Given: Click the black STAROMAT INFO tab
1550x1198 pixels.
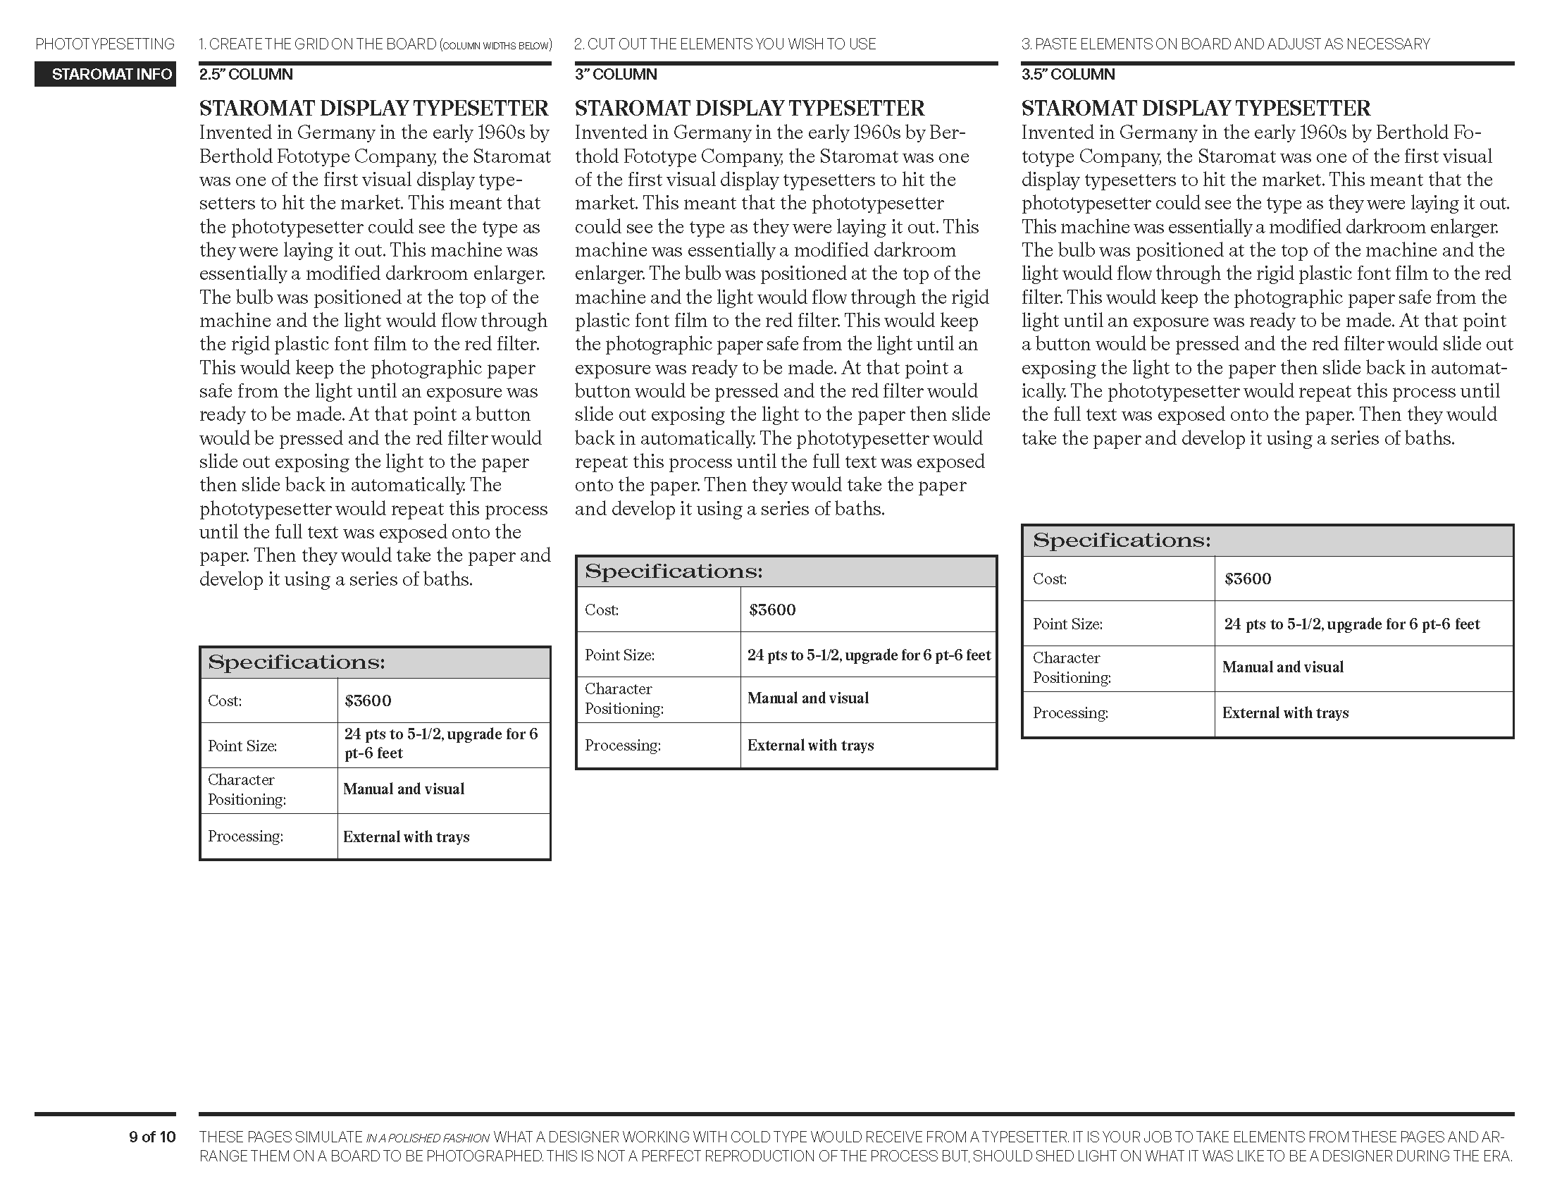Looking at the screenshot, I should click(x=105, y=75).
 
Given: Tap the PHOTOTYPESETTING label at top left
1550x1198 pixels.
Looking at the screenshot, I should click(x=105, y=44).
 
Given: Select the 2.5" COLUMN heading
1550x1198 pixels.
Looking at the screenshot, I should click(x=246, y=75).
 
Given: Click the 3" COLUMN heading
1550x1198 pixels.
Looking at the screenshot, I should click(x=615, y=75).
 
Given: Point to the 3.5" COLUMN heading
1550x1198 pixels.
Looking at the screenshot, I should click(x=1067, y=75).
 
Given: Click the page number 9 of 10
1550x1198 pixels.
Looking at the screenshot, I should click(x=152, y=1137).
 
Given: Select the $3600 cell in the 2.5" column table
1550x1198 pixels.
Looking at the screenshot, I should click(x=368, y=701).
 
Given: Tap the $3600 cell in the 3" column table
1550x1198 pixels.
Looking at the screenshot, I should click(x=772, y=610).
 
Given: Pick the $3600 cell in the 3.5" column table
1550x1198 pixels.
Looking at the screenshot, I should click(x=1247, y=579).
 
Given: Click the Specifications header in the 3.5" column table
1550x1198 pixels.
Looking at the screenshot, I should click(x=1122, y=541).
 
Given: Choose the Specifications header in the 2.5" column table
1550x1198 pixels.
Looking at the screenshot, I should click(x=296, y=663).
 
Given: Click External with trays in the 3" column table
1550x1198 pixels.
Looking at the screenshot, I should click(x=810, y=746).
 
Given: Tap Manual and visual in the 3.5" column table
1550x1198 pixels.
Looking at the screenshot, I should click(x=1282, y=667).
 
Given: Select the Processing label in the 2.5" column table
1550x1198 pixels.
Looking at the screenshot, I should click(x=245, y=836).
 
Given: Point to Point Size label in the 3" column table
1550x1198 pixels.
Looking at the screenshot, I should click(x=619, y=655).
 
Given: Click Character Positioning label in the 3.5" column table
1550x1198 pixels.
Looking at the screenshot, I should click(x=1071, y=668).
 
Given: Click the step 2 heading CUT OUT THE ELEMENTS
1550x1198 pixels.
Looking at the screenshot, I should click(x=724, y=44).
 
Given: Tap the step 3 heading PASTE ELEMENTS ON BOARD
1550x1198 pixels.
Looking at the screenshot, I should click(x=1225, y=44).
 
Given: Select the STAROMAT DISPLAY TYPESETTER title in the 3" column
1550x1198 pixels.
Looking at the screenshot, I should click(x=749, y=109).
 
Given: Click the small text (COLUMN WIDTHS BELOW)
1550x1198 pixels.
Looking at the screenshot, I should click(x=495, y=46).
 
